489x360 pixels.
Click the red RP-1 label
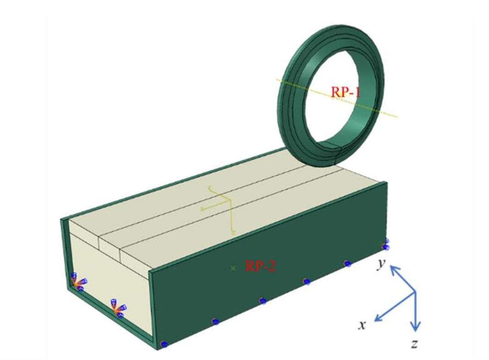(x=346, y=92)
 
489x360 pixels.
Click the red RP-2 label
(x=260, y=266)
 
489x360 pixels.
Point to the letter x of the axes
(x=362, y=325)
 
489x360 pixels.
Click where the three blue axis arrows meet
(x=415, y=292)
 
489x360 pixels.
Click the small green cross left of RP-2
(x=233, y=268)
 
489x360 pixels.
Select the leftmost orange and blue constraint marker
(x=77, y=283)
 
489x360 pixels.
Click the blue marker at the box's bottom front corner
(x=164, y=343)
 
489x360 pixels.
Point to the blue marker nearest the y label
(x=386, y=245)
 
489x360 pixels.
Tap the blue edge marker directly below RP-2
(x=262, y=300)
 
